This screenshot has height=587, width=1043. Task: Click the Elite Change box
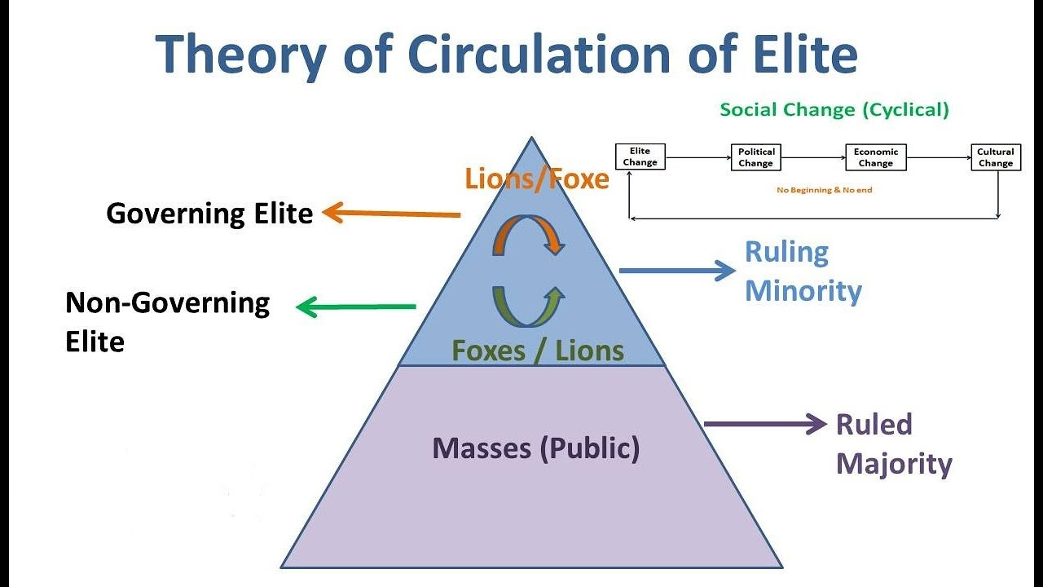coord(640,157)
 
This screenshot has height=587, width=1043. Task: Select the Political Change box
coord(755,157)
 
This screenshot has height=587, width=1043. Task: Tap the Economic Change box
coord(875,157)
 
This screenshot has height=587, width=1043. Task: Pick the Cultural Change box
coord(995,157)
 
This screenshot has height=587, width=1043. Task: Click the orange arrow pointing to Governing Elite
coord(392,214)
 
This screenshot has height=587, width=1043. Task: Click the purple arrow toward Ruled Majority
coord(765,423)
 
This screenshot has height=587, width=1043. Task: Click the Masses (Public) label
coord(535,448)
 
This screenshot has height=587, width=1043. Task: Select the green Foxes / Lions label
coord(538,351)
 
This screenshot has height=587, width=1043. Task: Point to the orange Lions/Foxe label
coord(537,179)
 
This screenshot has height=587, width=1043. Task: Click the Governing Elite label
coord(209,214)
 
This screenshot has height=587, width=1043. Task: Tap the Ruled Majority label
coord(893,444)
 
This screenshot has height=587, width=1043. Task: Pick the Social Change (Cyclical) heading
coord(834,110)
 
